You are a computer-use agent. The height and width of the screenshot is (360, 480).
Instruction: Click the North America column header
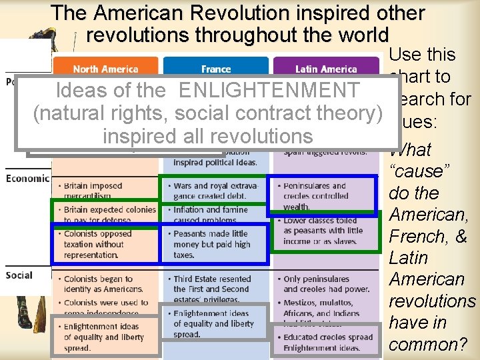pyautogui.click(x=105, y=69)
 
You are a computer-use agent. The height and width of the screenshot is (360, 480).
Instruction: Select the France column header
pyautogui.click(x=216, y=69)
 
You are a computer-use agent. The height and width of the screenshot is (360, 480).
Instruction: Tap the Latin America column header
pyautogui.click(x=326, y=69)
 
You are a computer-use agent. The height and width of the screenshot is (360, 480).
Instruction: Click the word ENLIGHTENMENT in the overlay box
pyautogui.click(x=269, y=90)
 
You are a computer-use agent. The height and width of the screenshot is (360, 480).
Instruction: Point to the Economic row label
pyautogui.click(x=27, y=178)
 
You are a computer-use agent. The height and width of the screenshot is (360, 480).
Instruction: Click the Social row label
pyautogui.click(x=19, y=275)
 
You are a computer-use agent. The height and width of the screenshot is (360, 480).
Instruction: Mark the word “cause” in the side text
pyautogui.click(x=419, y=171)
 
